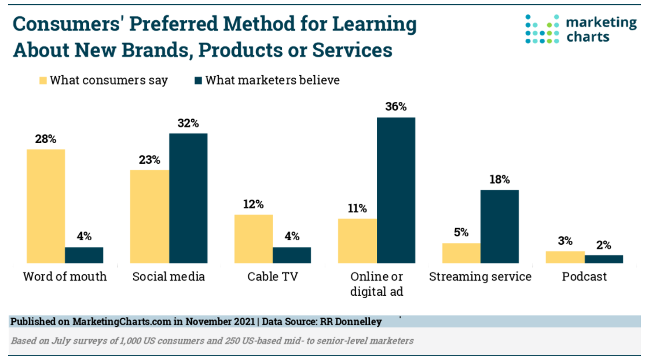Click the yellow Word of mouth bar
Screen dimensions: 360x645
click(x=46, y=206)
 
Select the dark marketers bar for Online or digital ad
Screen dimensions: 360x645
click(x=396, y=190)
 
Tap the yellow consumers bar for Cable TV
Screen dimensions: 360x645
click(x=253, y=239)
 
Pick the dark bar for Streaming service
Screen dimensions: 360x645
click(x=500, y=226)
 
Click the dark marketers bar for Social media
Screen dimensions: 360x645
click(x=188, y=199)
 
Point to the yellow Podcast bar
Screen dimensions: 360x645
click(x=565, y=258)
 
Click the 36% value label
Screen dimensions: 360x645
click(x=396, y=107)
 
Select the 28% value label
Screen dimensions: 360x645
click(x=46, y=139)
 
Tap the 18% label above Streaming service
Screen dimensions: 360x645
click(x=500, y=179)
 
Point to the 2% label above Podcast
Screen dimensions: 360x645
click(x=604, y=245)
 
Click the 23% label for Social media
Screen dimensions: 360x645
click(x=149, y=160)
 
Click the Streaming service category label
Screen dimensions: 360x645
click(x=480, y=277)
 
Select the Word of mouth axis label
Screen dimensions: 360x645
click(x=65, y=277)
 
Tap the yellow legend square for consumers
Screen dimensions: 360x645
click(x=42, y=80)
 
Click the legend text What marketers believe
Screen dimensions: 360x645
click(x=272, y=80)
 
